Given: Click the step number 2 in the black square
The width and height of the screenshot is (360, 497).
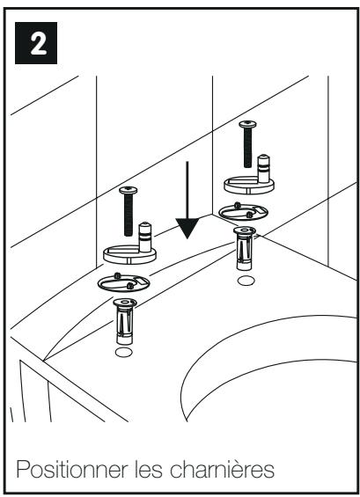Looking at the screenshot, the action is point(38,43).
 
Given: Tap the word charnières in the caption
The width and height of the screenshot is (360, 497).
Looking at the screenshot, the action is point(222,469).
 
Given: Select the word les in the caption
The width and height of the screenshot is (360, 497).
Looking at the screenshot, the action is point(149,469).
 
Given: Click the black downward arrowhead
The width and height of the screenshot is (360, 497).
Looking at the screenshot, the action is point(187,228).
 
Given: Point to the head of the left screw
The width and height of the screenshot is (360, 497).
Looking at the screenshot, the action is point(129,190).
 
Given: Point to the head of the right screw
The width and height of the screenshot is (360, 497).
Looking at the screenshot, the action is point(247,124).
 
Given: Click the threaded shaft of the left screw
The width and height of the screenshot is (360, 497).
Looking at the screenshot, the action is point(129,215).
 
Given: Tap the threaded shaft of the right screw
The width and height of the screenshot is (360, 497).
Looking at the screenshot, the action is point(247,148).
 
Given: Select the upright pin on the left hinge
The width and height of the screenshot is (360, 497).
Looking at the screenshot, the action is point(145,238).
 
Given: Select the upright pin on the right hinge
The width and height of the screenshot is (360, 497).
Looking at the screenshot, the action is point(263,169).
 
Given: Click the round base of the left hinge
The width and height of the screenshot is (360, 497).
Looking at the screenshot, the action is point(129,255).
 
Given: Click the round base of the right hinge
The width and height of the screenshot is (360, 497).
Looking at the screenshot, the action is point(249,186).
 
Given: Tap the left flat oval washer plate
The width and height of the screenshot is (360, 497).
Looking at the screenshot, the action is point(123,282).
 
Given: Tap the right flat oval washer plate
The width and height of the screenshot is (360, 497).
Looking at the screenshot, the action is point(244,212).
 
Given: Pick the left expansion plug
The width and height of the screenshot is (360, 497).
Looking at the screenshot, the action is point(125,321).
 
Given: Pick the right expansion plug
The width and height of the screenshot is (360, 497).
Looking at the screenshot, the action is point(244,248).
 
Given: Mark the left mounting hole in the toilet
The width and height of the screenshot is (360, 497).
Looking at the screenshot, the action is point(124,352).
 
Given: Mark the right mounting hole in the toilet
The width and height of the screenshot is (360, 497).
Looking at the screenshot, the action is point(246,281).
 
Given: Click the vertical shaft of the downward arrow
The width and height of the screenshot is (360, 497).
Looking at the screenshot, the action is point(187,190).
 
